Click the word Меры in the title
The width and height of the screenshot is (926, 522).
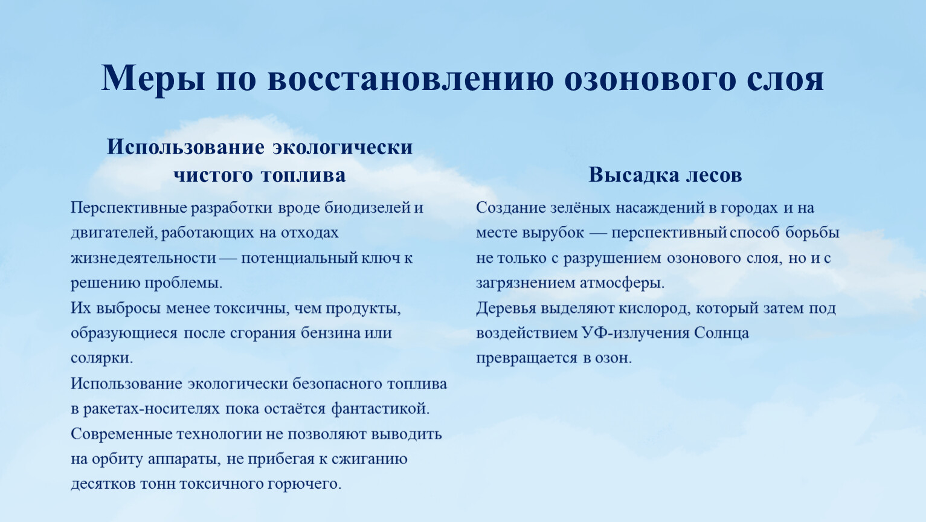(x=153, y=79)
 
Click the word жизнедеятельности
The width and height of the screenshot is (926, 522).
(x=143, y=258)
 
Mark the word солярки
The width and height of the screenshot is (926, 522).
(x=101, y=358)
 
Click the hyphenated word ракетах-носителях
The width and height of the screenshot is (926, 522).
(x=152, y=409)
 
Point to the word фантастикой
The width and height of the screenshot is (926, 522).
(x=381, y=409)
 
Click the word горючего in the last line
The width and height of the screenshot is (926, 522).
(x=304, y=485)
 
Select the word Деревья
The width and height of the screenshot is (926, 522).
(x=506, y=309)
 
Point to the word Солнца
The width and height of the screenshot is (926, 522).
(x=721, y=333)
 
